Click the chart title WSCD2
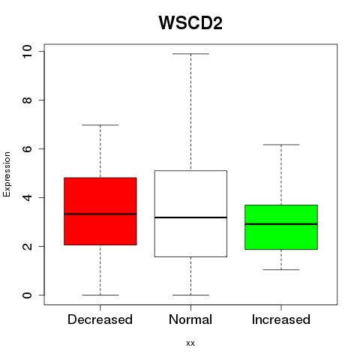190,22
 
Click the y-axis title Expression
7,174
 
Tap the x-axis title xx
190,343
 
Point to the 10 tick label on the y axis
27,52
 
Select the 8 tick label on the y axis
27,100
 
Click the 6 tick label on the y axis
27,148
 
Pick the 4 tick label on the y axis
27,197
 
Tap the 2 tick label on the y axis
27,246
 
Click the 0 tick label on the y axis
27,295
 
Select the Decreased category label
100,319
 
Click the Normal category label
190,319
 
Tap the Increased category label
281,319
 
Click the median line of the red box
100,214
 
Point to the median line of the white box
190,217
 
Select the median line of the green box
281,224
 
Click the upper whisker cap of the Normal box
190,54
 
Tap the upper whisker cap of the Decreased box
100,125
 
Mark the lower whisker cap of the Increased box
281,270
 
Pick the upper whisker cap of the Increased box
281,145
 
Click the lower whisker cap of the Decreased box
100,295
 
